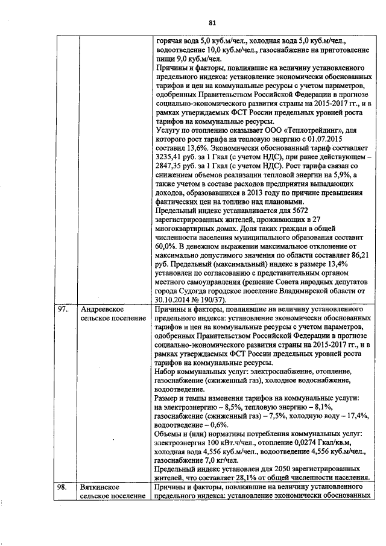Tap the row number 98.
coord(63,486)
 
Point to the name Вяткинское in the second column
coord(98,486)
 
